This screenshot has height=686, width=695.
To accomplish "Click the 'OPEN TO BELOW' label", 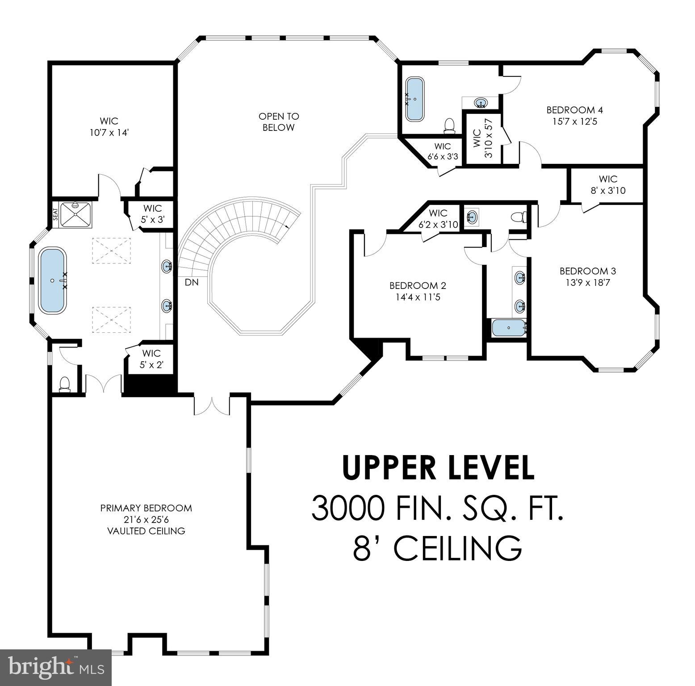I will [278, 122].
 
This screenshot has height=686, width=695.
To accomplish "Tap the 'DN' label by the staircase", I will [191, 282].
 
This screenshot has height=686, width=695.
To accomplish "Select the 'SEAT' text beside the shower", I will [56, 214].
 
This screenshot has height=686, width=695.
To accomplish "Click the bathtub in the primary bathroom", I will [53, 280].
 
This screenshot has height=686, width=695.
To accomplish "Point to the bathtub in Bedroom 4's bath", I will [415, 99].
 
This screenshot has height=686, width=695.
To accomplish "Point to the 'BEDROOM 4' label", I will [574, 110].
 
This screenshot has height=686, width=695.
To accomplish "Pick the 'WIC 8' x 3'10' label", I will [607, 185].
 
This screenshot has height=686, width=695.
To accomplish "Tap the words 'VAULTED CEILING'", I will [146, 531].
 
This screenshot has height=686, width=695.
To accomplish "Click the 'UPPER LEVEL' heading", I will [438, 468].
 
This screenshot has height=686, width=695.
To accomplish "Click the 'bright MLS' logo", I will [56, 668].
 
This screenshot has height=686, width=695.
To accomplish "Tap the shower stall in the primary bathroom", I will [75, 214].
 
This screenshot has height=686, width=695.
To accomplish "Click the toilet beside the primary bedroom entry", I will [65, 384].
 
